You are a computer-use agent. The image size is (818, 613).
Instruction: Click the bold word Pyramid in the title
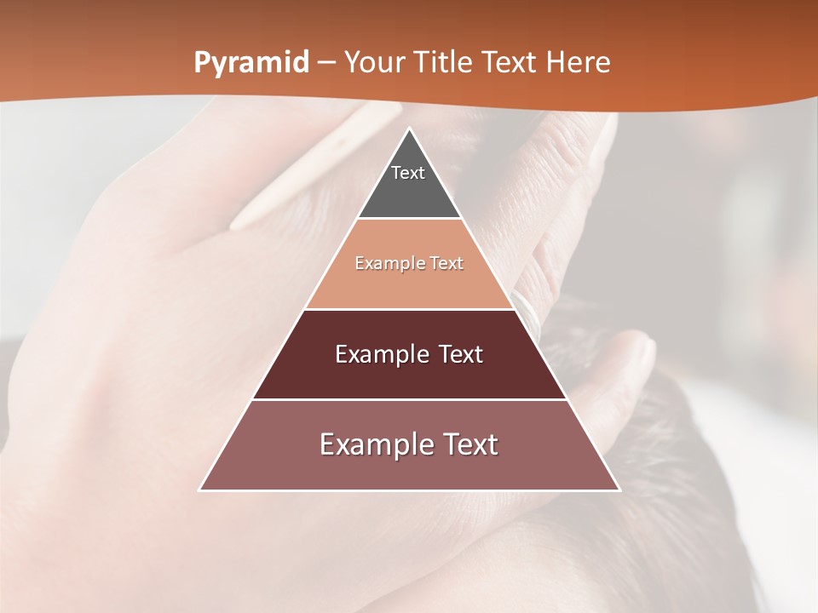click(x=251, y=63)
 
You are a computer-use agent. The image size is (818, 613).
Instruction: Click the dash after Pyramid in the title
click(x=326, y=63)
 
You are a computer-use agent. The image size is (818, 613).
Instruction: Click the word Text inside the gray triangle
click(x=408, y=173)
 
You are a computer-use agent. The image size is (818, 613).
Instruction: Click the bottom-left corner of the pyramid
click(x=200, y=490)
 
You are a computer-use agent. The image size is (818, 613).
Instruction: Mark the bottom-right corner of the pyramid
click(x=619, y=490)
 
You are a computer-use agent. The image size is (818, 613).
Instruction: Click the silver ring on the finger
click(x=529, y=312)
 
